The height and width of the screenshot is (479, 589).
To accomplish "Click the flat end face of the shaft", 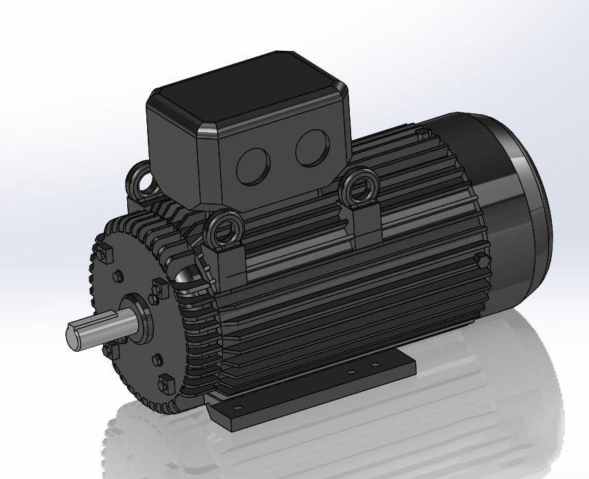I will pos(74,337).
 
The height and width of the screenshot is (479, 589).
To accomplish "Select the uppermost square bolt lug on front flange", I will pos(104,254).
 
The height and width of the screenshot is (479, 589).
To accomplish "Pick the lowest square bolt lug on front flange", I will pos(166,382).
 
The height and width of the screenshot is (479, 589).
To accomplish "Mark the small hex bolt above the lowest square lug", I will pos(157,359).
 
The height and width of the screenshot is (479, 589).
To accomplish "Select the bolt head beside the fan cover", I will pos(482,260).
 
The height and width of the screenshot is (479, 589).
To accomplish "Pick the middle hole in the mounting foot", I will pos(351,372).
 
